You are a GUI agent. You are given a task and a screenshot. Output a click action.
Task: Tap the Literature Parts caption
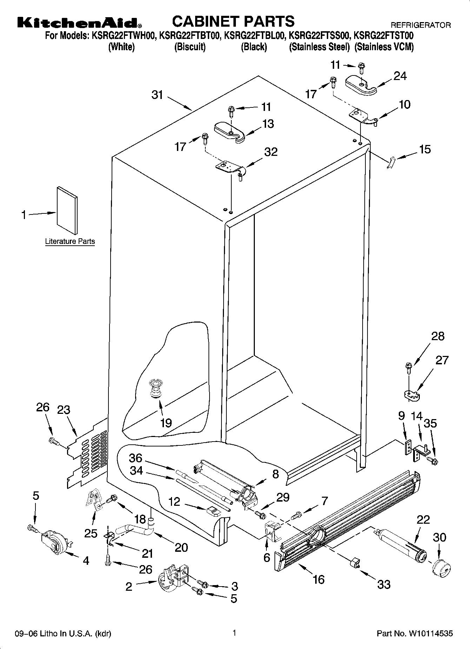pyautogui.click(x=70, y=241)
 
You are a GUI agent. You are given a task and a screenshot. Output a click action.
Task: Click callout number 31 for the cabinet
pyautogui.click(x=157, y=95)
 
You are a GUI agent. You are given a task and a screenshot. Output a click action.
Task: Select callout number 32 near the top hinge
pyautogui.click(x=271, y=152)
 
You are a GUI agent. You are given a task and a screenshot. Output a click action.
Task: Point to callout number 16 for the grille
pyautogui.click(x=318, y=579)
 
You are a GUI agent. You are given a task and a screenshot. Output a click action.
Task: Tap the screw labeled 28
pyautogui.click(x=409, y=367)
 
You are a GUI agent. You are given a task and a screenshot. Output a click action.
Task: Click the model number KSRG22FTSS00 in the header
pyautogui.click(x=319, y=36)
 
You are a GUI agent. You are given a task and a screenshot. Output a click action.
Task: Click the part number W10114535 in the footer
pyautogui.click(x=430, y=634)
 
